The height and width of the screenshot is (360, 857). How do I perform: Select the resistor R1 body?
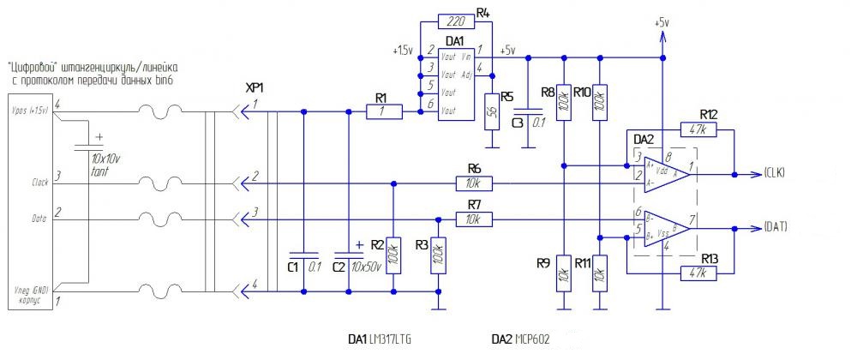click(382, 111)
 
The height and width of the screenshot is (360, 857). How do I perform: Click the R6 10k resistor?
click(474, 183)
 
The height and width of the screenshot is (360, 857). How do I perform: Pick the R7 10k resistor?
click(474, 220)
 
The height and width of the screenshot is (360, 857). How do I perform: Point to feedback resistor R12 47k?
click(707, 130)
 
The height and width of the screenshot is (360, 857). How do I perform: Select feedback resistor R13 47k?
click(707, 273)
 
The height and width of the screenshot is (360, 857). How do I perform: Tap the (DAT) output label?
click(775, 228)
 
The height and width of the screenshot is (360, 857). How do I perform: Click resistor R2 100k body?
click(393, 255)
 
